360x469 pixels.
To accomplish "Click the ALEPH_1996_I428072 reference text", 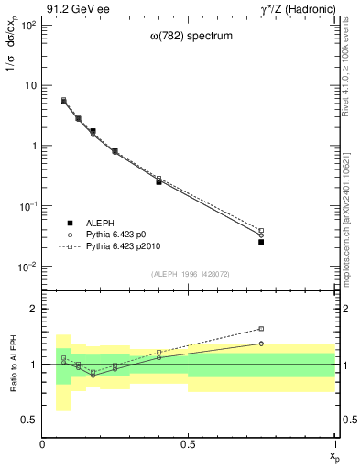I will (189, 274).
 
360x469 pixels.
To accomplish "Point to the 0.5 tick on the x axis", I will (189, 444).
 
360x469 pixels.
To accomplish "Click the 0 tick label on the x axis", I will (42, 444).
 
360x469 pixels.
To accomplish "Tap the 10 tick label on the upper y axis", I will (30, 85).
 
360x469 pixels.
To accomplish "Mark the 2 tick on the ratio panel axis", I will (34, 309).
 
